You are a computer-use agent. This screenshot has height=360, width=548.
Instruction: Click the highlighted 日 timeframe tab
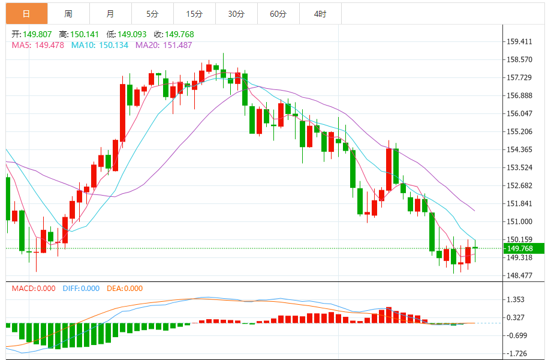26,13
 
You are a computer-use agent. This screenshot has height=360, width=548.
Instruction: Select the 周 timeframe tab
68,13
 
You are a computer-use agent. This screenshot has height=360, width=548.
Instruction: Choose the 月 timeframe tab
110,13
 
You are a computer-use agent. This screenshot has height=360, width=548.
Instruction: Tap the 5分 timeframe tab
152,13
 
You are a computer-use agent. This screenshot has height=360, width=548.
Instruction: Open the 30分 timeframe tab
236,13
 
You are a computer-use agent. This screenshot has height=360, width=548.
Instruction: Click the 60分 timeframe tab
278,13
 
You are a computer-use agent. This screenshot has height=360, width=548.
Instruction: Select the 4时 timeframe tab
320,13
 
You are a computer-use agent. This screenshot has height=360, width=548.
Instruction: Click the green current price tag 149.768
523,248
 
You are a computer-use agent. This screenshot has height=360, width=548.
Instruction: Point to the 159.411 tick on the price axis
520,41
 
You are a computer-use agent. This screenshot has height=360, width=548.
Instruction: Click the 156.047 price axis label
520,113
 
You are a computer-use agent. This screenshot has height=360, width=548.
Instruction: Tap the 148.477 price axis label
520,275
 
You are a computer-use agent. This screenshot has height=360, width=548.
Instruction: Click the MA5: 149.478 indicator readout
38,45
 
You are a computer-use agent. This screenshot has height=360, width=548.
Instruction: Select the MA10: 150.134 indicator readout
100,45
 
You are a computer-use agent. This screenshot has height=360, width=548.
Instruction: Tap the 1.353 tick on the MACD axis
516,299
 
